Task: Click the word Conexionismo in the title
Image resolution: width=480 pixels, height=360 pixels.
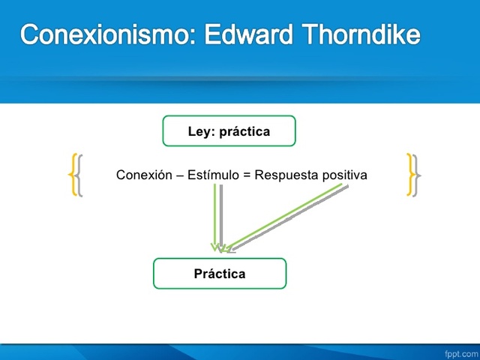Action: [106, 35]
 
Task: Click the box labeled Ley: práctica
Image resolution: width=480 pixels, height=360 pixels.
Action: [229, 131]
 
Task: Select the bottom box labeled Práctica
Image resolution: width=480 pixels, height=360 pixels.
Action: [220, 274]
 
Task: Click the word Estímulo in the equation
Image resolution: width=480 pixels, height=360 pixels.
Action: [213, 175]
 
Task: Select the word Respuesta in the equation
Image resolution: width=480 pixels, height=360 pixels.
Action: [286, 175]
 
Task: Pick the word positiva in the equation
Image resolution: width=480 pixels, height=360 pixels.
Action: [344, 175]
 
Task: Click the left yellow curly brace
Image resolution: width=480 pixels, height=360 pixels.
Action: [73, 175]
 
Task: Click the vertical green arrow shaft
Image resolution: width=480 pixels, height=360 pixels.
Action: [215, 214]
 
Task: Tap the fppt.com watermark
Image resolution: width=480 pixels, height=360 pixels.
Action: [458, 352]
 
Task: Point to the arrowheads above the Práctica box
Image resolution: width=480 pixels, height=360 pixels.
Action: [223, 247]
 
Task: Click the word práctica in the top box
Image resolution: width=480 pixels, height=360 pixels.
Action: [245, 132]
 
